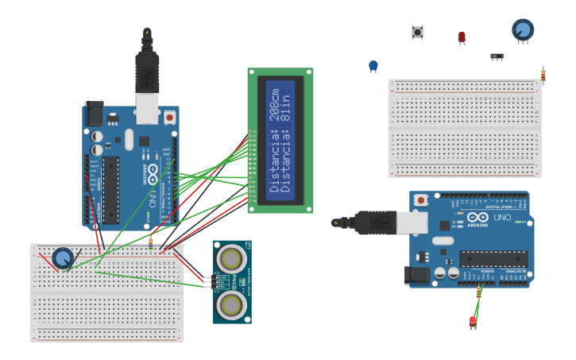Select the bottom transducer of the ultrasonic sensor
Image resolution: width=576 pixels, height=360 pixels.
pos(231,304)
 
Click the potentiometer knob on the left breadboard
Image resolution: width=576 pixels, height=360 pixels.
pos(63,258)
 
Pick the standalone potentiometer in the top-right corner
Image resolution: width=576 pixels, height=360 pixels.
pos(522,30)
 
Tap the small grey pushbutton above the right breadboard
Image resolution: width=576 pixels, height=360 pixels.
pos(417,32)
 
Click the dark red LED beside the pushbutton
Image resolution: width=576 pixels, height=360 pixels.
pos(462,37)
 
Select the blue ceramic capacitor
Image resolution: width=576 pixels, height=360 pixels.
pos(373,66)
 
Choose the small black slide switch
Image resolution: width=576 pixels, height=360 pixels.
pos(497,56)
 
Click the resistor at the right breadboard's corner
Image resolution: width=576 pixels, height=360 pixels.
pos(543,75)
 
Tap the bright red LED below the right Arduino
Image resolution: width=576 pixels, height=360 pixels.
pos(473,320)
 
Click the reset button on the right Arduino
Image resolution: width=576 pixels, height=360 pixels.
pos(421,199)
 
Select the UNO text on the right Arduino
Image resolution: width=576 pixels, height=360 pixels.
pos(502,218)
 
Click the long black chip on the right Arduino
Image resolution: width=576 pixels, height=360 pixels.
pos(493,259)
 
